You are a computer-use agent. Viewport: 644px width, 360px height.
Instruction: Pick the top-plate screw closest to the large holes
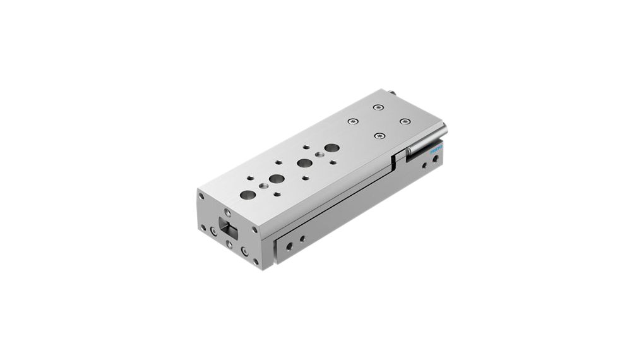pos(351,120)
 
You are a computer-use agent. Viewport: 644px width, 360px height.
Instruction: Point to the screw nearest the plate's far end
pos(378,107)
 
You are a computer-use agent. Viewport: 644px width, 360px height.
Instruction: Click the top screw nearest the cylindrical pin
pos(404,121)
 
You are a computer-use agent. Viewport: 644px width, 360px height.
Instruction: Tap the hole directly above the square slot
pos(228,213)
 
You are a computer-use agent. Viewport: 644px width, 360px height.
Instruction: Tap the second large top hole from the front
pos(277,179)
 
